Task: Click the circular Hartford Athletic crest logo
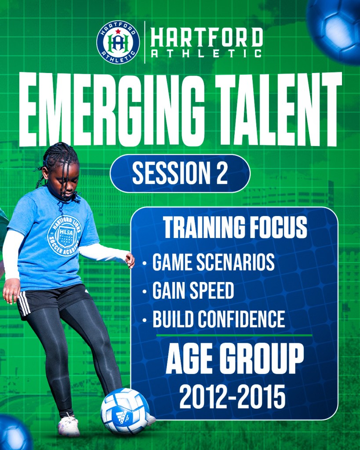click(x=118, y=42)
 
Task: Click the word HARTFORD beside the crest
click(x=207, y=37)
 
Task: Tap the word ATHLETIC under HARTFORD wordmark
click(x=206, y=53)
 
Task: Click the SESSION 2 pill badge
click(x=180, y=173)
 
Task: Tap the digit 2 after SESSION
click(x=222, y=173)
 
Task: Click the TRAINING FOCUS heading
click(x=235, y=227)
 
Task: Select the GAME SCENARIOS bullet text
click(x=214, y=262)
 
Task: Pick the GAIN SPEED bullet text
click(x=193, y=290)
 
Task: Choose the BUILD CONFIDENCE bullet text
click(x=219, y=319)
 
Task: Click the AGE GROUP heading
click(x=235, y=359)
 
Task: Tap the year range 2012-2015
click(x=233, y=397)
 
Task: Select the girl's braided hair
click(x=59, y=168)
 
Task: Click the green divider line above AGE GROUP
click(x=234, y=335)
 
